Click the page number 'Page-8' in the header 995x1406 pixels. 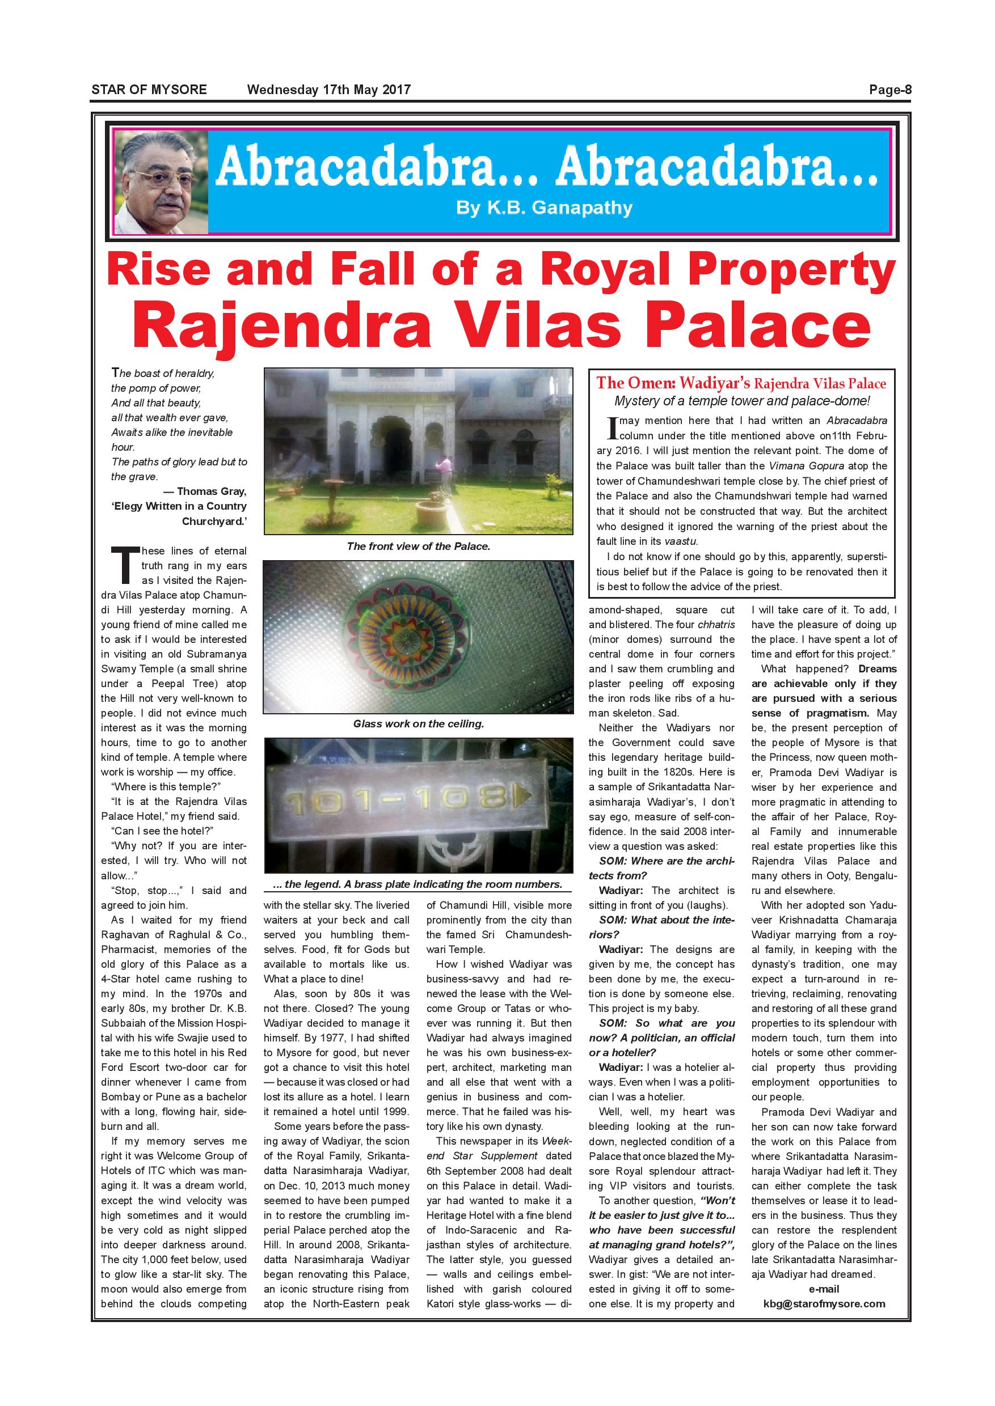[890, 90]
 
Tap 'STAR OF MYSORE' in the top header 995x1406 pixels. [149, 90]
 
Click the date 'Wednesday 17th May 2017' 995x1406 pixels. [328, 90]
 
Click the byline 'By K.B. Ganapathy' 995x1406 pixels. [544, 208]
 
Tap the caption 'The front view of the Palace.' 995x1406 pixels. [419, 546]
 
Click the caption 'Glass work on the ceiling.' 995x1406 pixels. [419, 724]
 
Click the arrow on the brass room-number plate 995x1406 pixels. [525, 795]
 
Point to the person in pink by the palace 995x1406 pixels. [446, 468]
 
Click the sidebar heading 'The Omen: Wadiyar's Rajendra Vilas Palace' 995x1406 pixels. [741, 384]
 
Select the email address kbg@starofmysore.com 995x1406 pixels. [824, 1304]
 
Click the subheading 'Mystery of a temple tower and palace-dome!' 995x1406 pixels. [741, 401]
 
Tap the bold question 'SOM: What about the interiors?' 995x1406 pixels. [661, 927]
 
